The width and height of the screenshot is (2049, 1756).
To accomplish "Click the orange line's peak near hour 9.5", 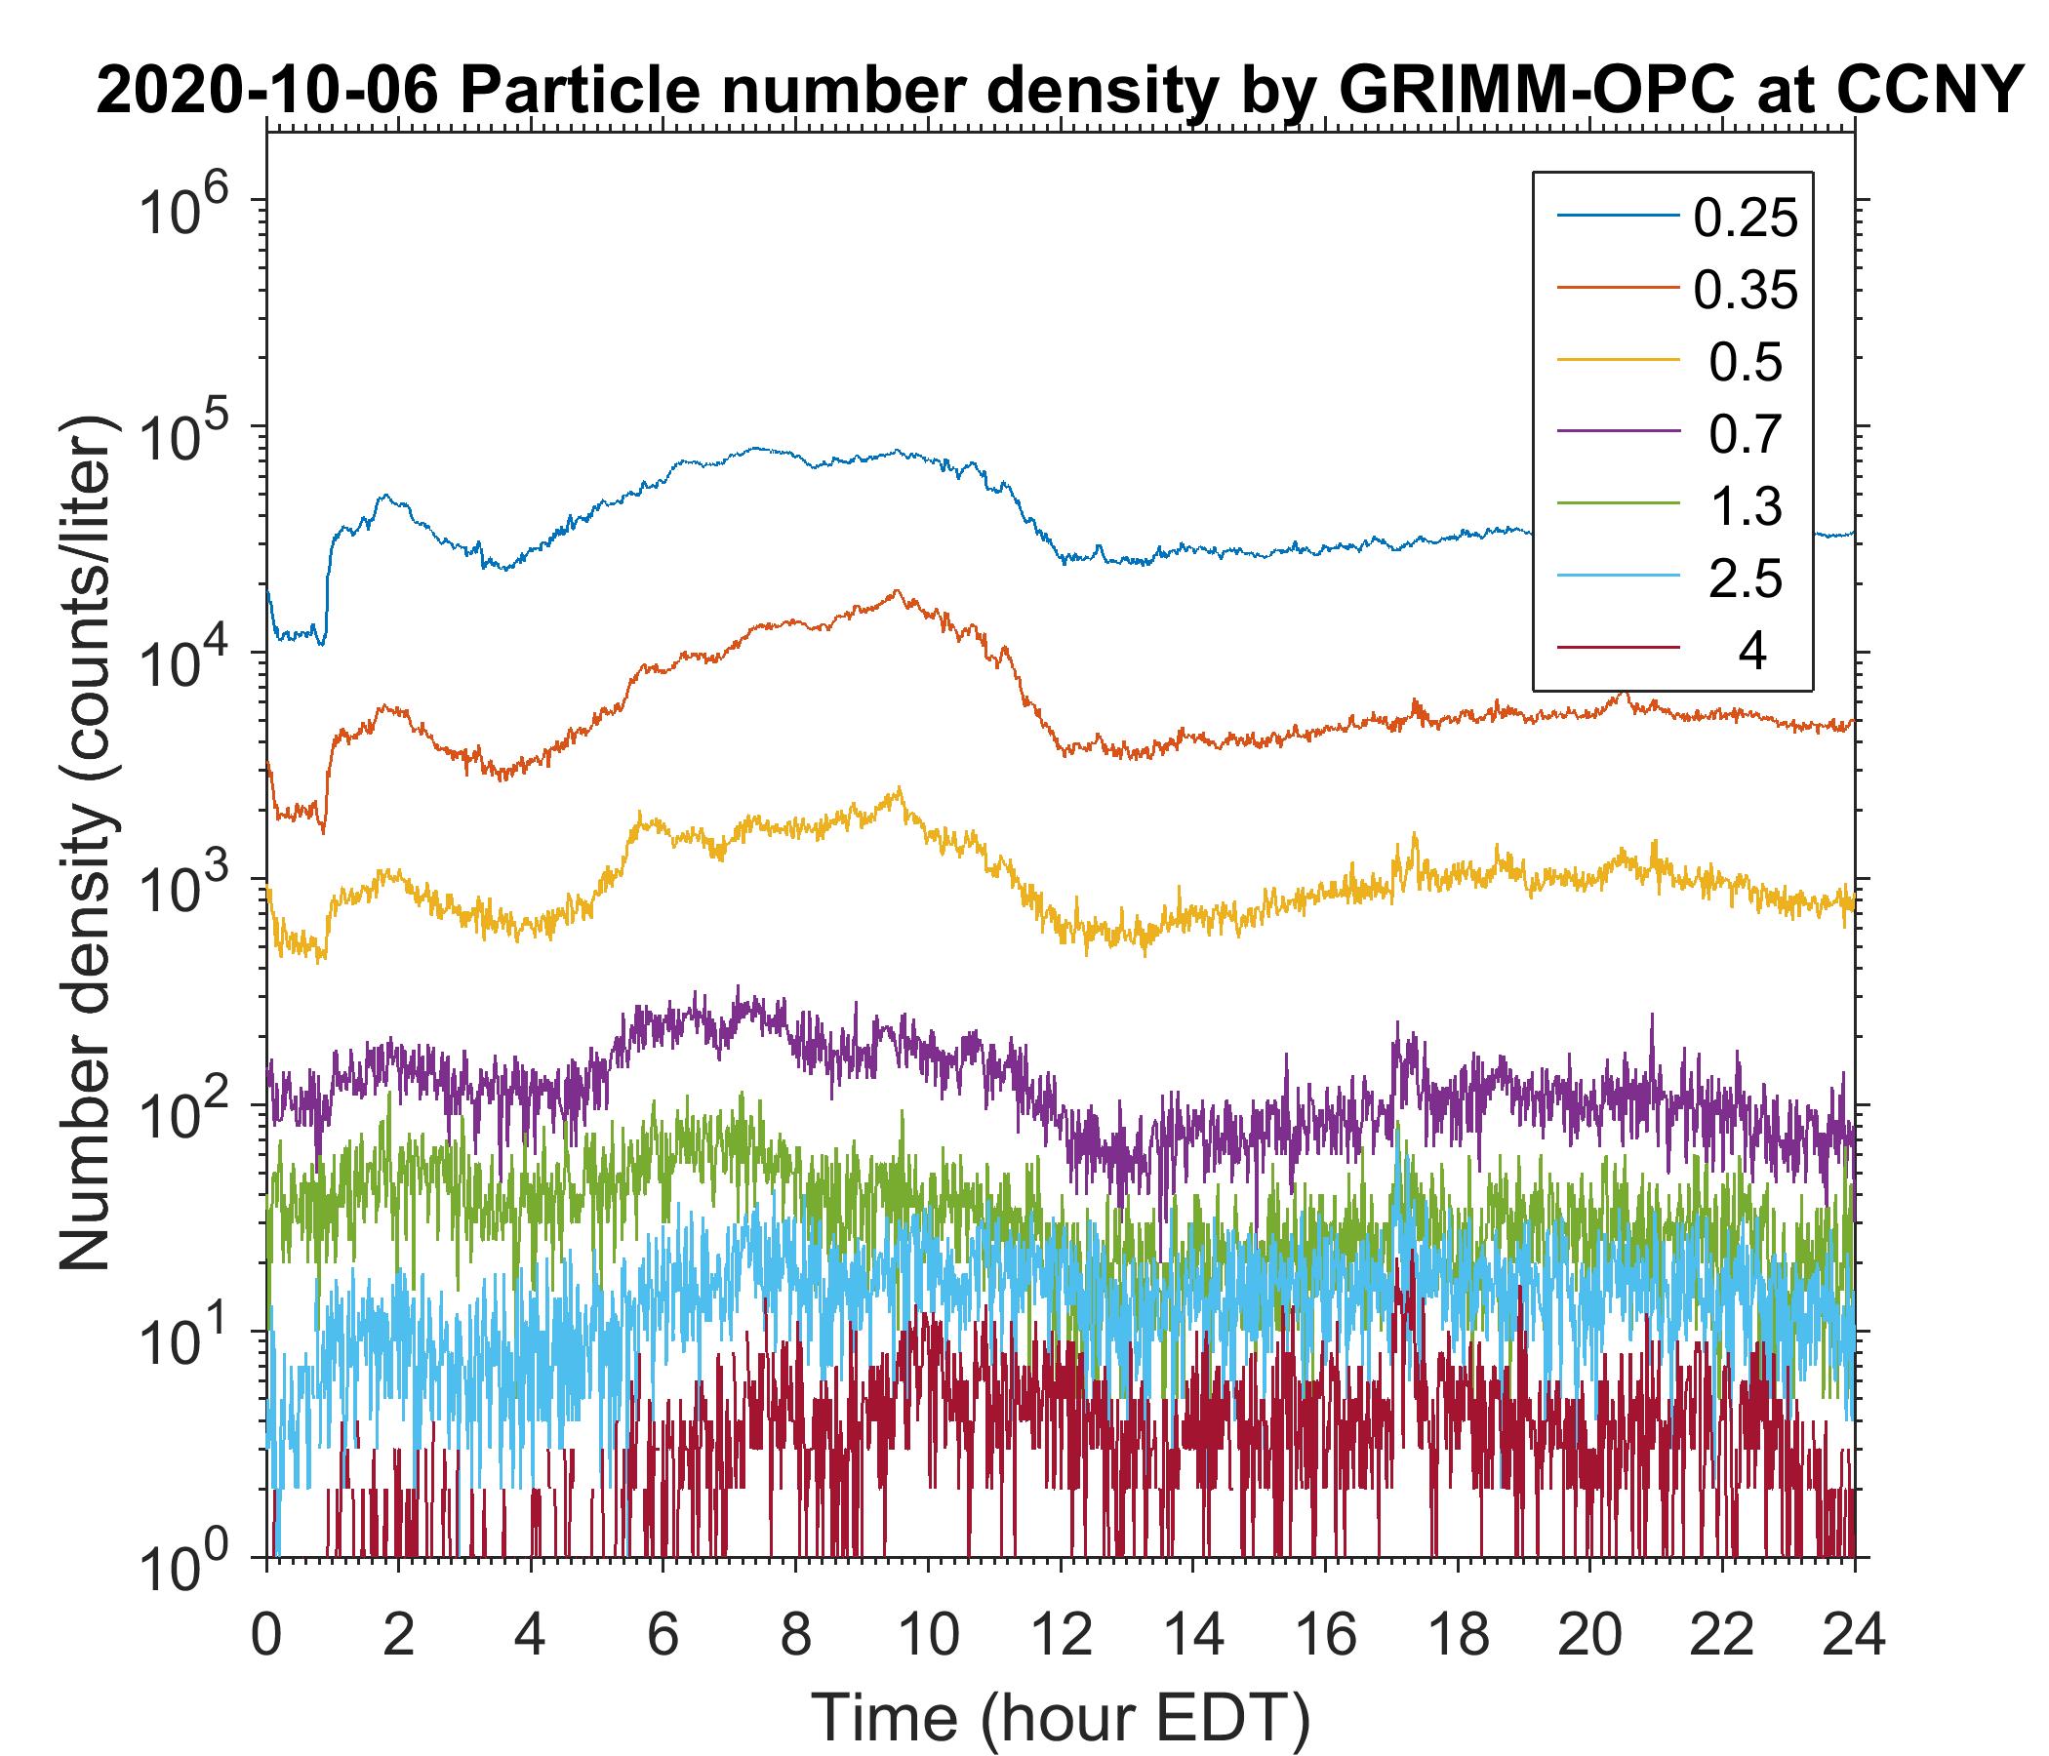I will tap(897, 591).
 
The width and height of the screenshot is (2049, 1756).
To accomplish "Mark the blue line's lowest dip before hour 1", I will tap(322, 644).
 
